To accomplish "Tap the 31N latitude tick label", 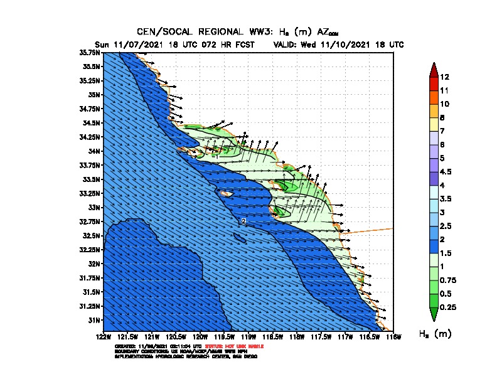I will point(94,320).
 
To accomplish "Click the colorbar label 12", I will point(444,77).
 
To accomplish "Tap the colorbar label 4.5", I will point(447,171).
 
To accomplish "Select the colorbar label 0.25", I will point(449,307).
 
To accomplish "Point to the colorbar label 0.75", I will point(449,280).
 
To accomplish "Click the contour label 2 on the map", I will point(243,221).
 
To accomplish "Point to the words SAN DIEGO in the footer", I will point(245,356).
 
